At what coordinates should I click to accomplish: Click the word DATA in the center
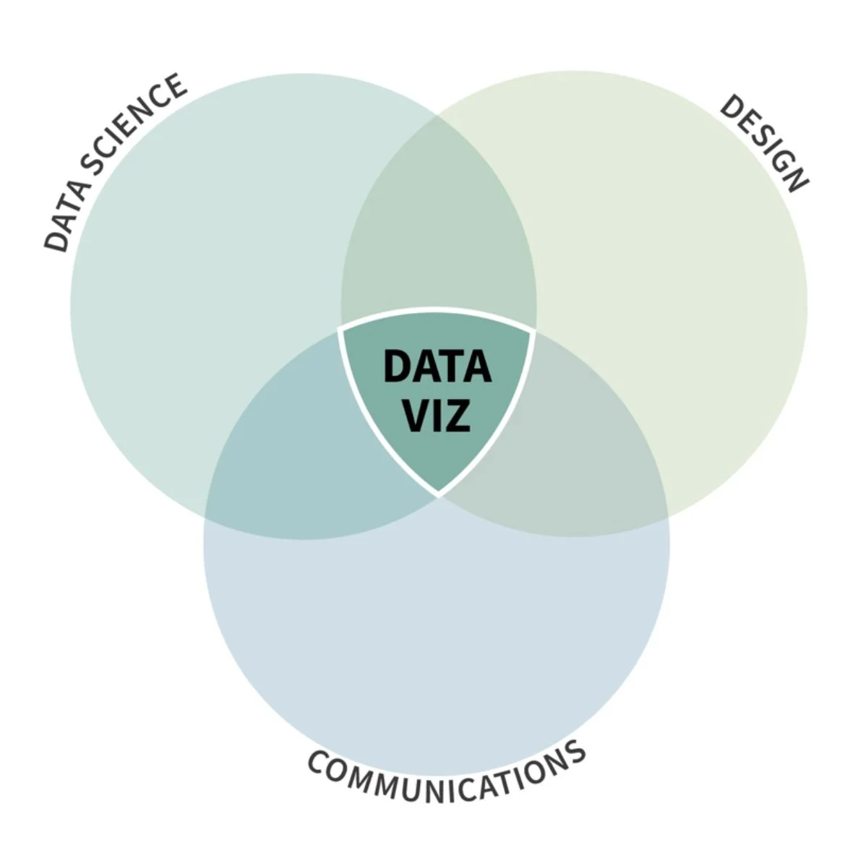tap(437, 366)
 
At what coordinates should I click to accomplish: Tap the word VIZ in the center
tap(437, 416)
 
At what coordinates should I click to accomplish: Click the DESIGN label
tap(763, 143)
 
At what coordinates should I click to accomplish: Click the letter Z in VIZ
tap(458, 416)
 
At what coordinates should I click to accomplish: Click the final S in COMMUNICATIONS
tap(575, 753)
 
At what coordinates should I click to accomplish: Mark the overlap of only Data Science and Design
tap(438, 239)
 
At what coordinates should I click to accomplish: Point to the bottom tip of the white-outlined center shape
tap(438, 495)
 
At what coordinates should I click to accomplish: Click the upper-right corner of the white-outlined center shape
tap(533, 331)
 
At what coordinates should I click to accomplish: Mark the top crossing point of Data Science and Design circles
tap(438, 116)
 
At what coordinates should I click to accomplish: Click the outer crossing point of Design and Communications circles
tap(668, 518)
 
